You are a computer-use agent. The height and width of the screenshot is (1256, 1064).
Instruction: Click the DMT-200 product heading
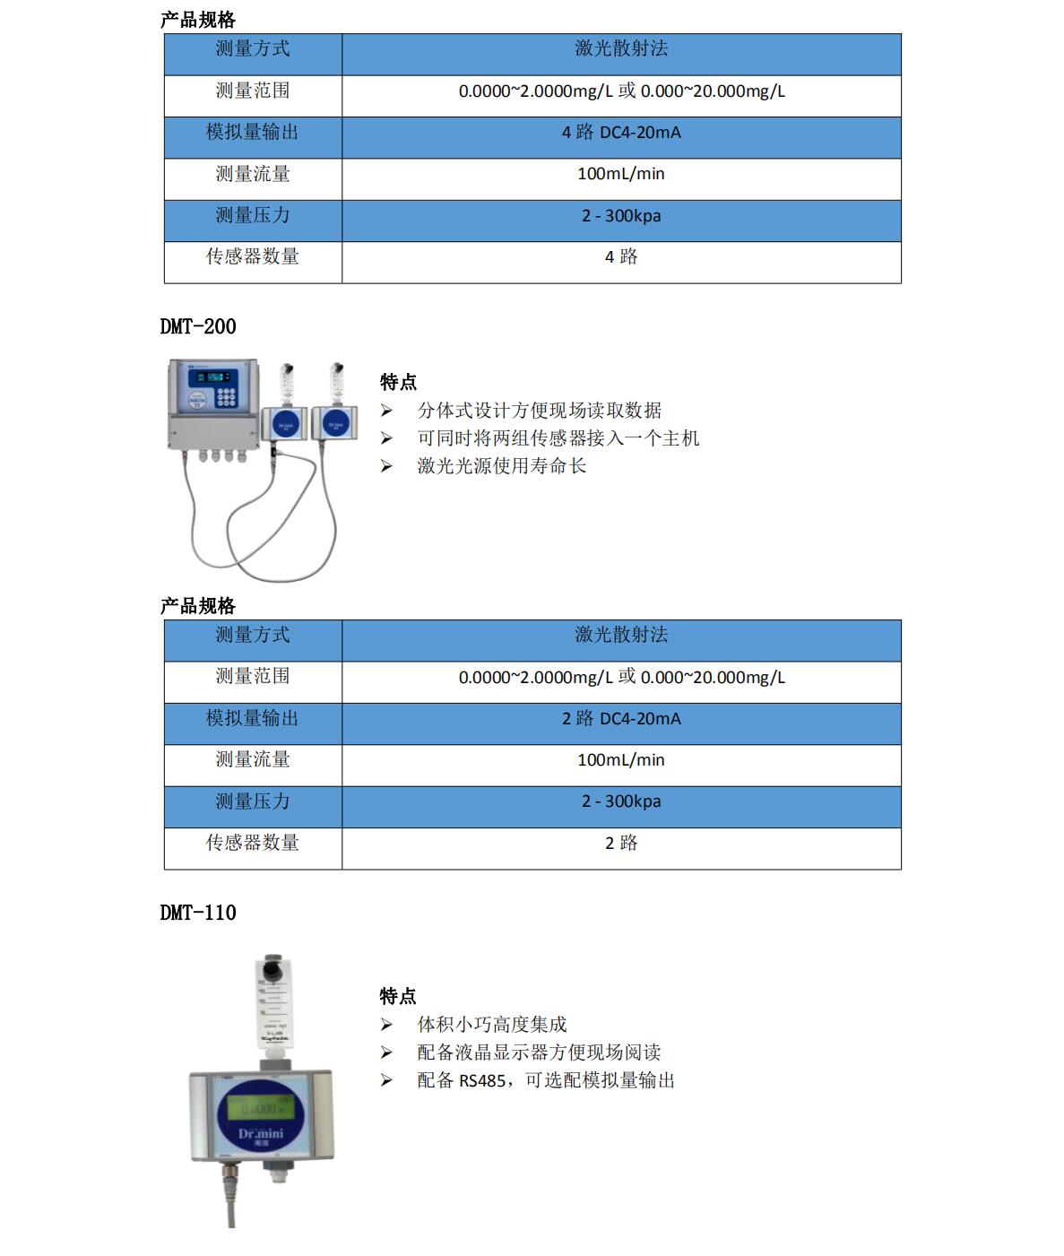(x=198, y=326)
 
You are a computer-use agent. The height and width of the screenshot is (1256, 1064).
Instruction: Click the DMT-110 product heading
(x=198, y=913)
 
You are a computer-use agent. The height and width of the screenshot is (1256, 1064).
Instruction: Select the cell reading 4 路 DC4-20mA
(x=621, y=133)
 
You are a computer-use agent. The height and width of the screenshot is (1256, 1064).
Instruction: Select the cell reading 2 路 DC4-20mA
(x=621, y=719)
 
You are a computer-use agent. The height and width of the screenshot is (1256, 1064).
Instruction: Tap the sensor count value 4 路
(x=621, y=257)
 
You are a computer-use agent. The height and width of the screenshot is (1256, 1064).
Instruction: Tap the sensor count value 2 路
(x=621, y=844)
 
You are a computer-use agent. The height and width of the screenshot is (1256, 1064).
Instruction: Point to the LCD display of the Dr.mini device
(x=260, y=1108)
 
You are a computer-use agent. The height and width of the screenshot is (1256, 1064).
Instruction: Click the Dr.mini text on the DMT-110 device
(x=261, y=1134)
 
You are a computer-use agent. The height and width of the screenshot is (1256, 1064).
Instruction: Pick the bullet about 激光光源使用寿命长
(x=501, y=466)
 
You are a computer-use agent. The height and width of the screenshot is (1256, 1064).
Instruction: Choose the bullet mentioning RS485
(x=545, y=1080)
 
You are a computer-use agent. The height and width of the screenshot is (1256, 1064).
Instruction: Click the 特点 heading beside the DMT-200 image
(x=398, y=383)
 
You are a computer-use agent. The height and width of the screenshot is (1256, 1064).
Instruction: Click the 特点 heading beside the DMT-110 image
(x=398, y=997)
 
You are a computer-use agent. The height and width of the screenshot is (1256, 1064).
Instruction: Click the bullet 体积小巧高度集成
(x=491, y=1025)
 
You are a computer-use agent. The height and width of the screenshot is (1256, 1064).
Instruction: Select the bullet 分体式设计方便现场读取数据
(x=539, y=411)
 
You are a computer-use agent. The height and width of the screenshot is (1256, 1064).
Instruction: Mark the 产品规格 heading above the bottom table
(x=198, y=606)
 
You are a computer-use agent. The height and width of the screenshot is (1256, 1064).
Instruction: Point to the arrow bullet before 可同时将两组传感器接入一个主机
(x=386, y=438)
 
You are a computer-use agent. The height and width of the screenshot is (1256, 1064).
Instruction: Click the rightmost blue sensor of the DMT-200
(x=334, y=424)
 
